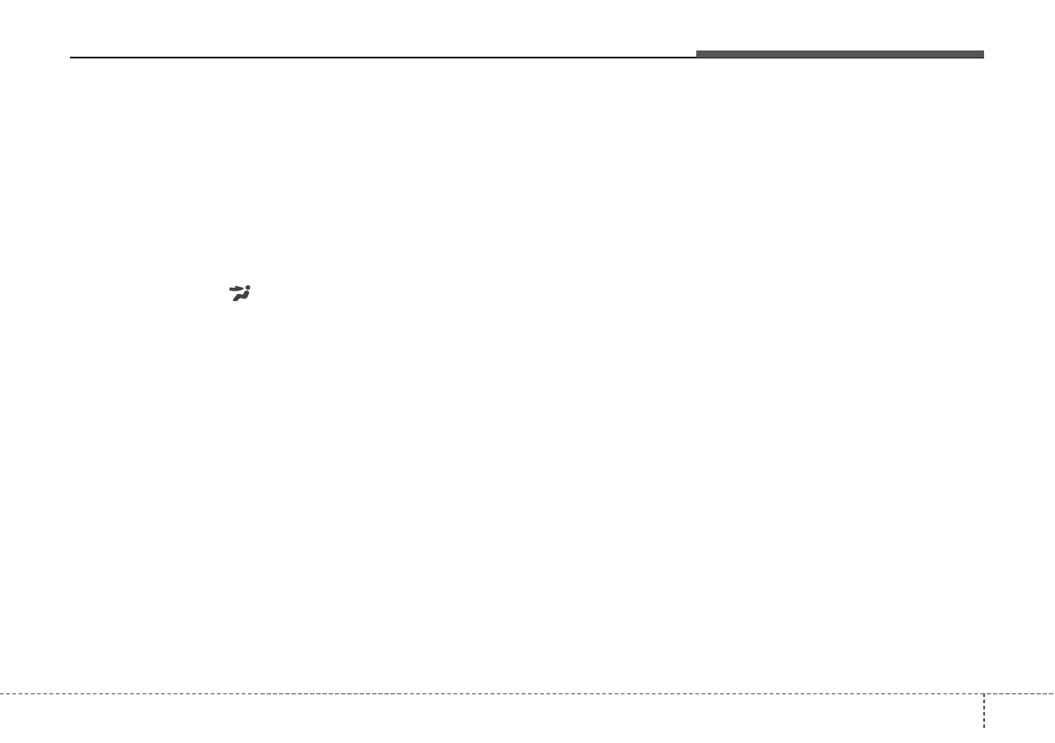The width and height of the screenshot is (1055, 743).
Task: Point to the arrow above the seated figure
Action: pos(237,289)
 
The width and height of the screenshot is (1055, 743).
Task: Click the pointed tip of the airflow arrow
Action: pos(244,289)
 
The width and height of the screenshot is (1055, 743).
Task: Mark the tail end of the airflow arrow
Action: pos(230,289)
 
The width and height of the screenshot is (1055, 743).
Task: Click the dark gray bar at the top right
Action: pos(839,54)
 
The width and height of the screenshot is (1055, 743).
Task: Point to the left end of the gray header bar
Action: pos(697,54)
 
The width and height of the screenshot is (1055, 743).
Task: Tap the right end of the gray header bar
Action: pos(982,54)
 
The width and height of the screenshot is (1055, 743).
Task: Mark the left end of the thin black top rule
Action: pos(71,58)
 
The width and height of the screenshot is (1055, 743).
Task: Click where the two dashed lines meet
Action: pos(984,693)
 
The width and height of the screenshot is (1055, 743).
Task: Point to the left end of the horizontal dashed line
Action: pos(2,693)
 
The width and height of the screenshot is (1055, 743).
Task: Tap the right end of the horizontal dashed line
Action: pos(1053,693)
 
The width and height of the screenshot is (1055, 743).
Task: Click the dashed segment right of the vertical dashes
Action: pos(1020,693)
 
